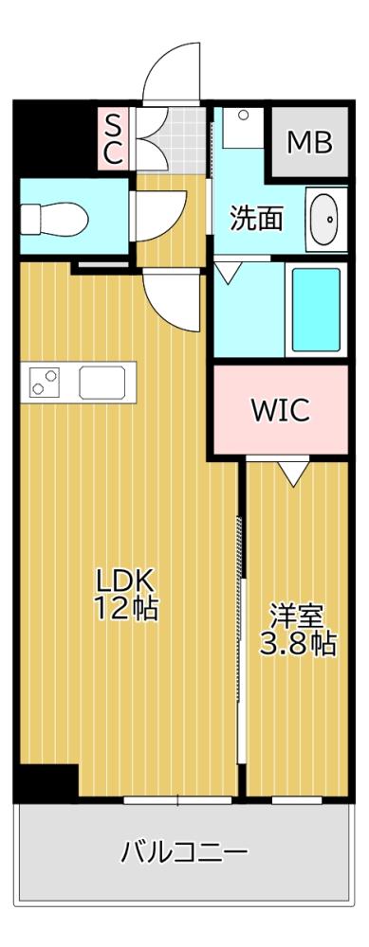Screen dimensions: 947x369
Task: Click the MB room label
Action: pos(310,143)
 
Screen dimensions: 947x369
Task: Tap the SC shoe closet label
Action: pos(113,139)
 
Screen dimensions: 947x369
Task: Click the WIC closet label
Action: pos(280,410)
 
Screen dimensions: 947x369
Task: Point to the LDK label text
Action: pos(122,580)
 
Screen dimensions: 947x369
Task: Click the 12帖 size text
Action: pos(124,609)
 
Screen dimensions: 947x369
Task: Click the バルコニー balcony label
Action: pos(184,851)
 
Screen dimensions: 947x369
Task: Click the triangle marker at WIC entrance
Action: pos(293,471)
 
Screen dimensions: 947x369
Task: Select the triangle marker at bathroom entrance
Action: pos(227,273)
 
